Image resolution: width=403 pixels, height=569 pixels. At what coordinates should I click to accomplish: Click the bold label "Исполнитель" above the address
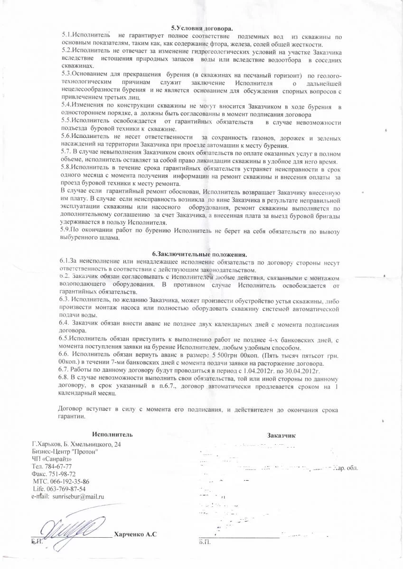tap(113, 434)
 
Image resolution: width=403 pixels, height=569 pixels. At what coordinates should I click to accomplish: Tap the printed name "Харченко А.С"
tap(135, 535)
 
